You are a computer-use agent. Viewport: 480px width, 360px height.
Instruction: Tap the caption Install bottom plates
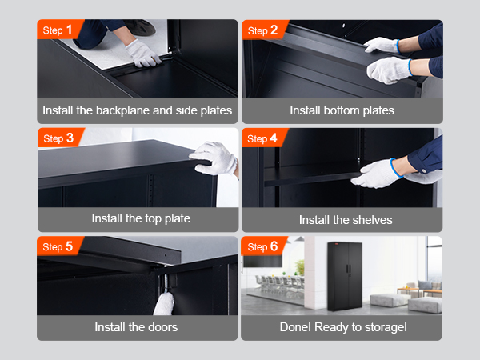[342, 110]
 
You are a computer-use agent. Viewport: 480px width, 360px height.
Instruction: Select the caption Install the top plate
[141, 218]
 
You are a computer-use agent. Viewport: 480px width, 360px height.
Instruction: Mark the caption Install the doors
[136, 326]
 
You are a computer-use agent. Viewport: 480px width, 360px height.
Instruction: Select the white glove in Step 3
[217, 158]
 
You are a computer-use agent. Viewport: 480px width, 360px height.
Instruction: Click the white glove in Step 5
[166, 305]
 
